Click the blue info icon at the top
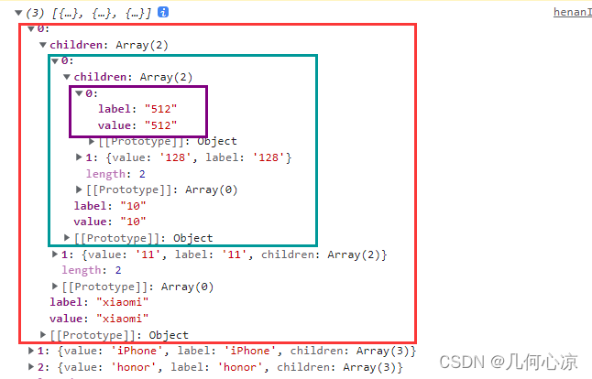tap(163, 13)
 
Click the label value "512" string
tap(161, 109)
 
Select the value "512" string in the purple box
tap(161, 125)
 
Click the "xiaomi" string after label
tap(122, 302)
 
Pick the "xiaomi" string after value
tap(122, 319)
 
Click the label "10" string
tap(133, 206)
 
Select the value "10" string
tap(133, 222)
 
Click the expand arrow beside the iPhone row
tap(31, 351)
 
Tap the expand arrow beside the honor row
tap(31, 366)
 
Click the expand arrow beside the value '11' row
tap(55, 254)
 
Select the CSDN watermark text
tap(509, 362)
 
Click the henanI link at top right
tap(573, 12)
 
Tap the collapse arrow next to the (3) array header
tap(18, 13)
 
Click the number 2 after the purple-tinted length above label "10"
tap(142, 174)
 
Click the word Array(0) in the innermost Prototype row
tap(212, 189)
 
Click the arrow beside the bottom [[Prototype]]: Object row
tap(43, 334)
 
